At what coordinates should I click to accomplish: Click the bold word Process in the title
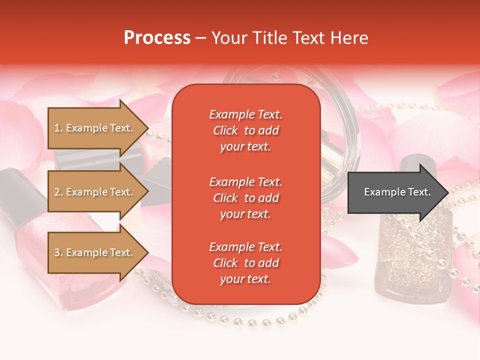click(x=157, y=38)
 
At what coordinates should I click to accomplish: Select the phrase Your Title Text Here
click(x=289, y=38)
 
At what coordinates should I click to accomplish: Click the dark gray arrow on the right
click(x=395, y=192)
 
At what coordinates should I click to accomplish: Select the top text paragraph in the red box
click(x=245, y=130)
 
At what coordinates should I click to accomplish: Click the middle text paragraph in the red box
click(x=245, y=198)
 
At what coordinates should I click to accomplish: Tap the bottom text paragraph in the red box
click(x=245, y=263)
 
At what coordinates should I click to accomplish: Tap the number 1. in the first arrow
click(x=58, y=128)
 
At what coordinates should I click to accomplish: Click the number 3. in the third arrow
click(x=58, y=252)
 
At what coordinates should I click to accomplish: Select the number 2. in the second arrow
click(x=58, y=192)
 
